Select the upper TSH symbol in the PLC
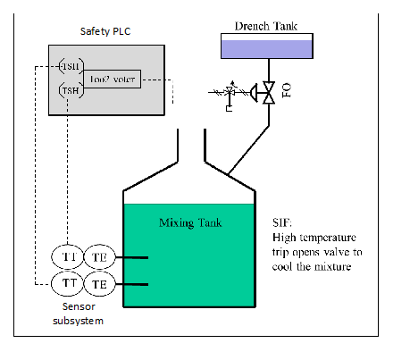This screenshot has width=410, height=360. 69,68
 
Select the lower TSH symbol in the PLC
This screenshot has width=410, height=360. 69,90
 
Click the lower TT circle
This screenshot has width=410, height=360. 70,283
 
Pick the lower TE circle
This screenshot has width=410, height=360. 99,283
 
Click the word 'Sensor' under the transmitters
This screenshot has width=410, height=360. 63,306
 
